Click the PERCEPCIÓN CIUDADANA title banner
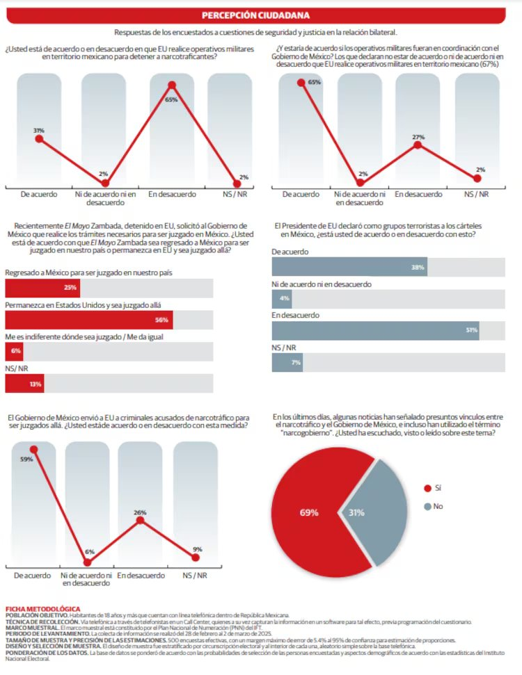click(255, 15)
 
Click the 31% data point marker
click(39, 138)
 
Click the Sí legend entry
click(433, 488)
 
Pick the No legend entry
click(434, 506)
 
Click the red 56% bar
click(89, 320)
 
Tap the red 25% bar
click(42, 288)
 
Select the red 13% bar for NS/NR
click(24, 384)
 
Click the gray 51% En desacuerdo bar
click(375, 331)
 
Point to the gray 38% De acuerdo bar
click(349, 267)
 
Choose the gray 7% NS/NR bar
click(287, 362)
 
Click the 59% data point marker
click(33, 450)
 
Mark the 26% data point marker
click(140, 521)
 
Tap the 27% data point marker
click(418, 145)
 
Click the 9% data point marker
click(196, 558)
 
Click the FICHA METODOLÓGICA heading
click(43, 609)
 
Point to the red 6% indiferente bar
click(14, 352)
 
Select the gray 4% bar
click(282, 299)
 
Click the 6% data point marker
click(88, 562)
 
